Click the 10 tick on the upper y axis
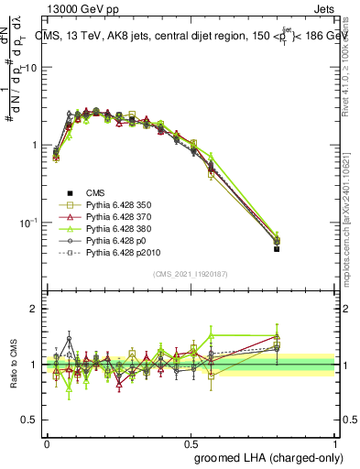point(33,69)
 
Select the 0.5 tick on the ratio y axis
point(31,420)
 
